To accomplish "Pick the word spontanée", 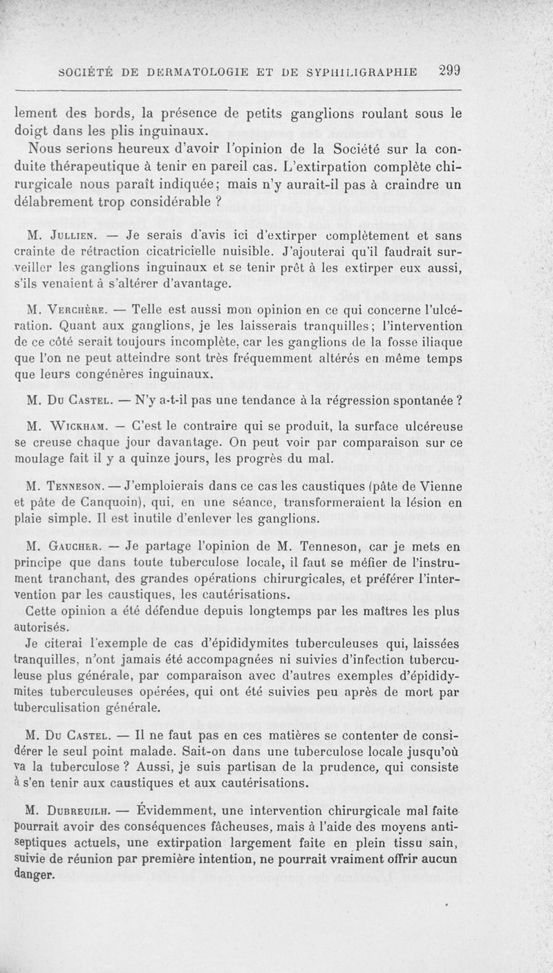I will pos(412,400).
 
